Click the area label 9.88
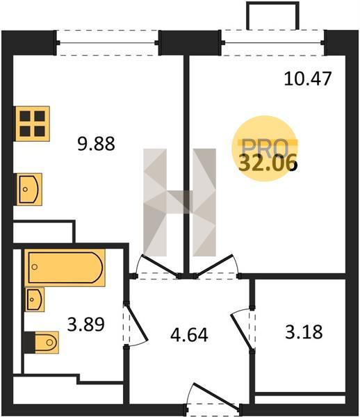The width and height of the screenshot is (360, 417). pos(96,144)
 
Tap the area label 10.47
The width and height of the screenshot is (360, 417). pos(308,79)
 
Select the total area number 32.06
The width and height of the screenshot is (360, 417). pos(267,163)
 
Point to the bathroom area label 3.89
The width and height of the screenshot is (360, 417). pos(86,324)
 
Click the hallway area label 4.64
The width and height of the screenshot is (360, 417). pos(189,335)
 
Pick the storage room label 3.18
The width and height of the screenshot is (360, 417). pos(304,332)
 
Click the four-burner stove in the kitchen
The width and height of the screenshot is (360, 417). pos(33,124)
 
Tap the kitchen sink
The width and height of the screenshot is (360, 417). pos(28,189)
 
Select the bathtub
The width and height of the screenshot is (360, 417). pos(65,268)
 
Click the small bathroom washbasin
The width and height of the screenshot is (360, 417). pos(35,300)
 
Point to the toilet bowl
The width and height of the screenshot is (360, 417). pos(47,342)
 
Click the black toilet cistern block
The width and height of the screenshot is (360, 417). pos(29,343)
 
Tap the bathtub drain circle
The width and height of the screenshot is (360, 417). pos(34,266)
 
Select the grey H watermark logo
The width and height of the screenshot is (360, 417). pos(180,202)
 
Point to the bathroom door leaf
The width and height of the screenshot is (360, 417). pos(136,323)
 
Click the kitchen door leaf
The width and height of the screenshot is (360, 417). pos(161,265)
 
